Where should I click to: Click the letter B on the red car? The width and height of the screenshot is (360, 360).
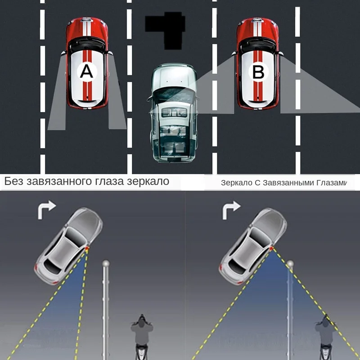[x=258, y=72]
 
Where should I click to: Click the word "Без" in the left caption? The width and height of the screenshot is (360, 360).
[x=14, y=182]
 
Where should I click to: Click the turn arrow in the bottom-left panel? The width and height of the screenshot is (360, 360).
[x=47, y=210]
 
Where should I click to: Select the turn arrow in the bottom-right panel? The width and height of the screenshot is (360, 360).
[x=231, y=210]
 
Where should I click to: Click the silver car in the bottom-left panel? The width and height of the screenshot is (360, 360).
[x=67, y=245]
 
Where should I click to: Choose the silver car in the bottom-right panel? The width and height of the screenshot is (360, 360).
[x=252, y=245]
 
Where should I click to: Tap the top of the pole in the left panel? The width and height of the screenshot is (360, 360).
[x=106, y=263]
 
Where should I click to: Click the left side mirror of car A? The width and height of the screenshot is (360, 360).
[x=63, y=54]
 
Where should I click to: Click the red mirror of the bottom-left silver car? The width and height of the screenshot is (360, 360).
[x=87, y=248]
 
